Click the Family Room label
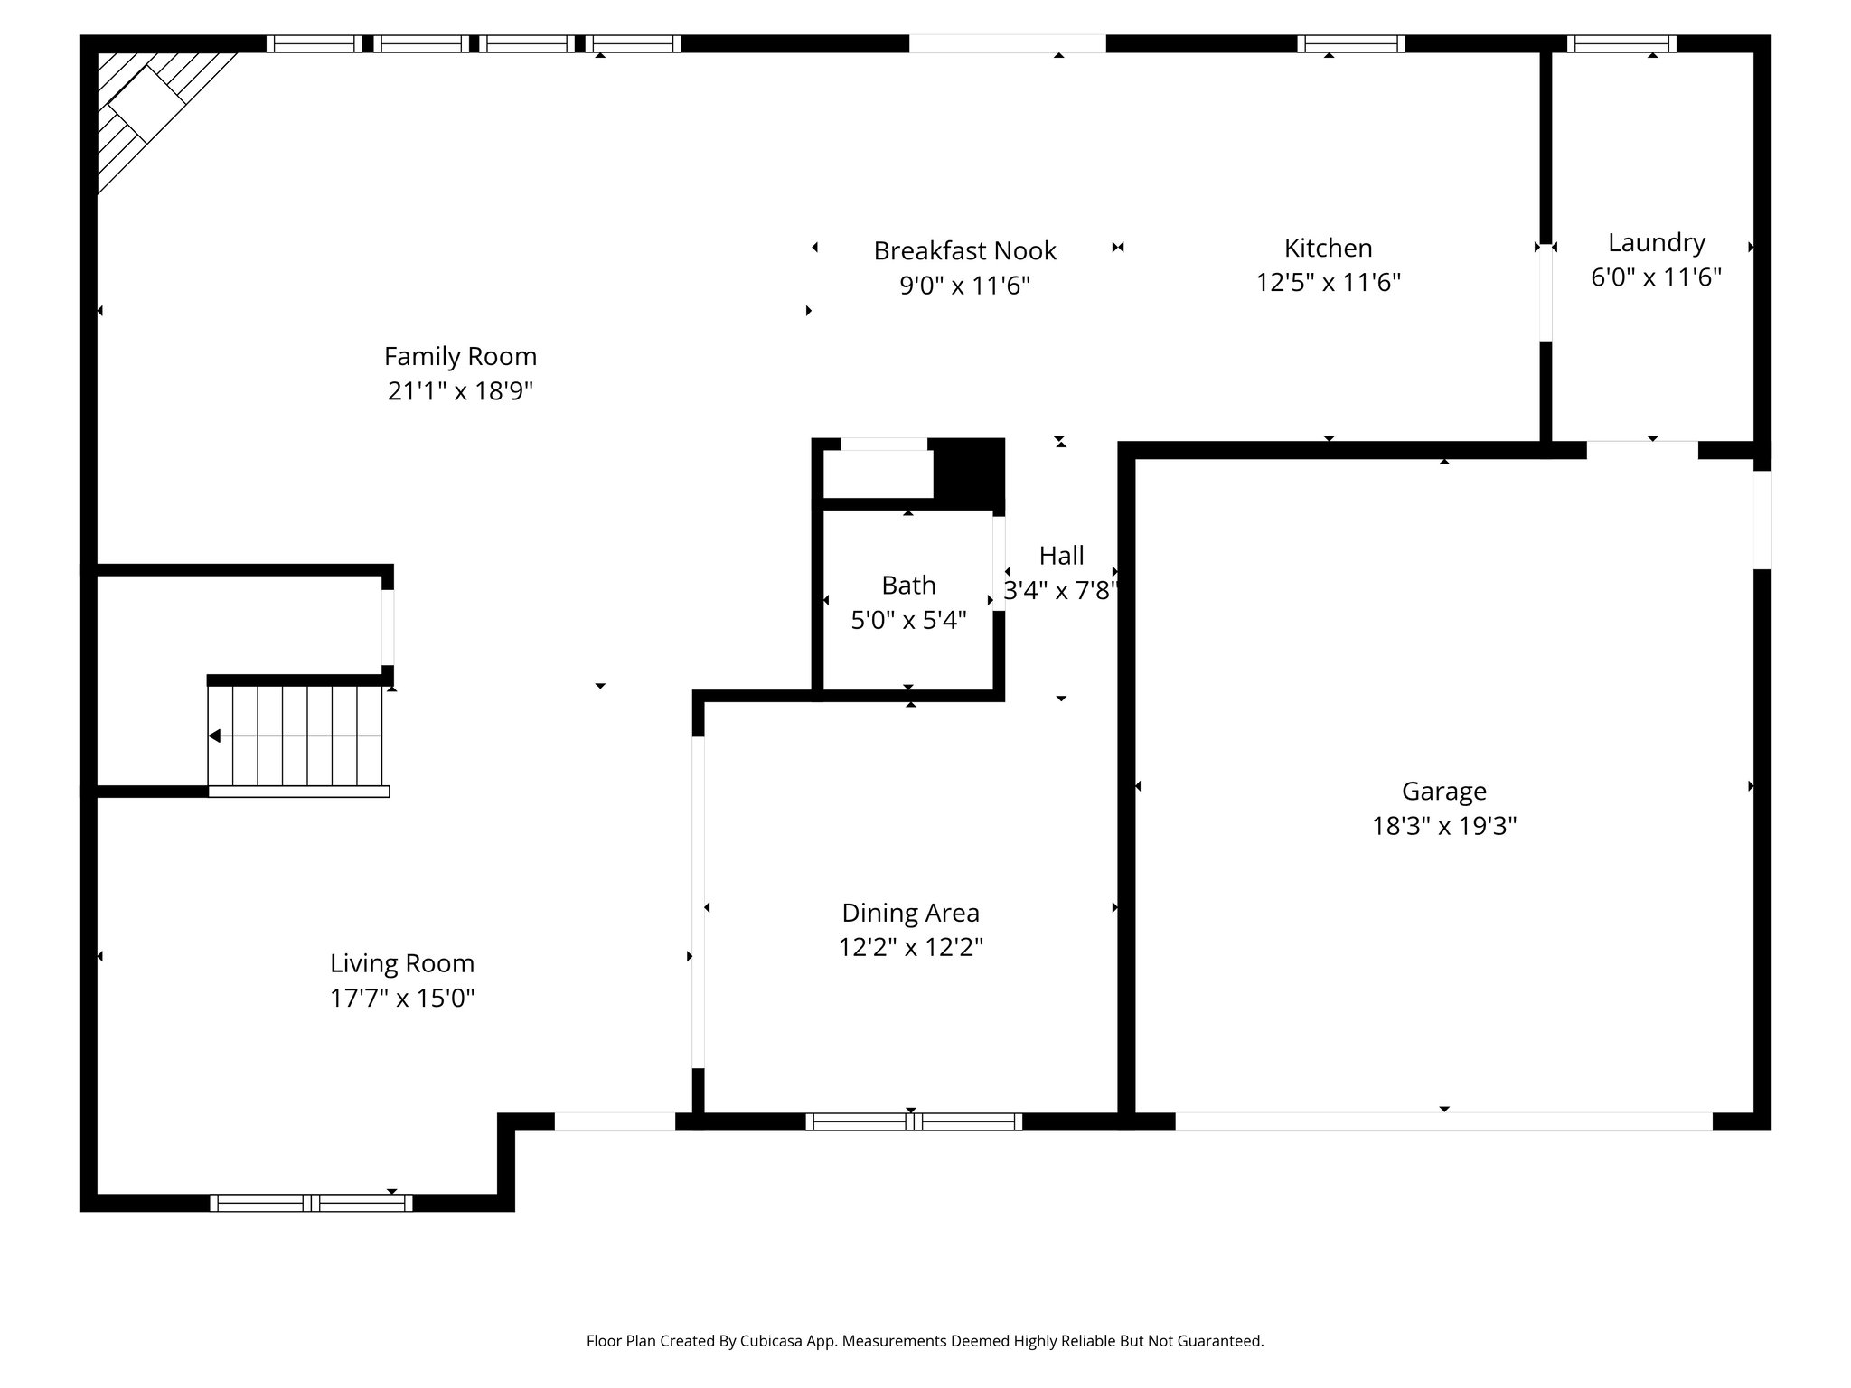click(x=460, y=356)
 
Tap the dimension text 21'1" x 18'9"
click(x=460, y=391)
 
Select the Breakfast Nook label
click(x=964, y=250)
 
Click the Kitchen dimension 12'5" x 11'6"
click(x=1328, y=283)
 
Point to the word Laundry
click(x=1656, y=242)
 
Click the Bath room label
click(x=908, y=586)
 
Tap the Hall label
click(x=1061, y=555)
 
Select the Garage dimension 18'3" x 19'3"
click(x=1443, y=826)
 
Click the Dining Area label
click(x=910, y=913)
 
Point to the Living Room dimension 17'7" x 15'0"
click(x=402, y=998)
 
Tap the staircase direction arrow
click(x=215, y=736)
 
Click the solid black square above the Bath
click(x=969, y=470)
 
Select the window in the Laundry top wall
click(x=1621, y=43)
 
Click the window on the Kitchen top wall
click(x=1350, y=43)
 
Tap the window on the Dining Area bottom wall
click(x=913, y=1121)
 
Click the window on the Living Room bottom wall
click(x=311, y=1203)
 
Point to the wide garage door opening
click(x=1443, y=1121)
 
